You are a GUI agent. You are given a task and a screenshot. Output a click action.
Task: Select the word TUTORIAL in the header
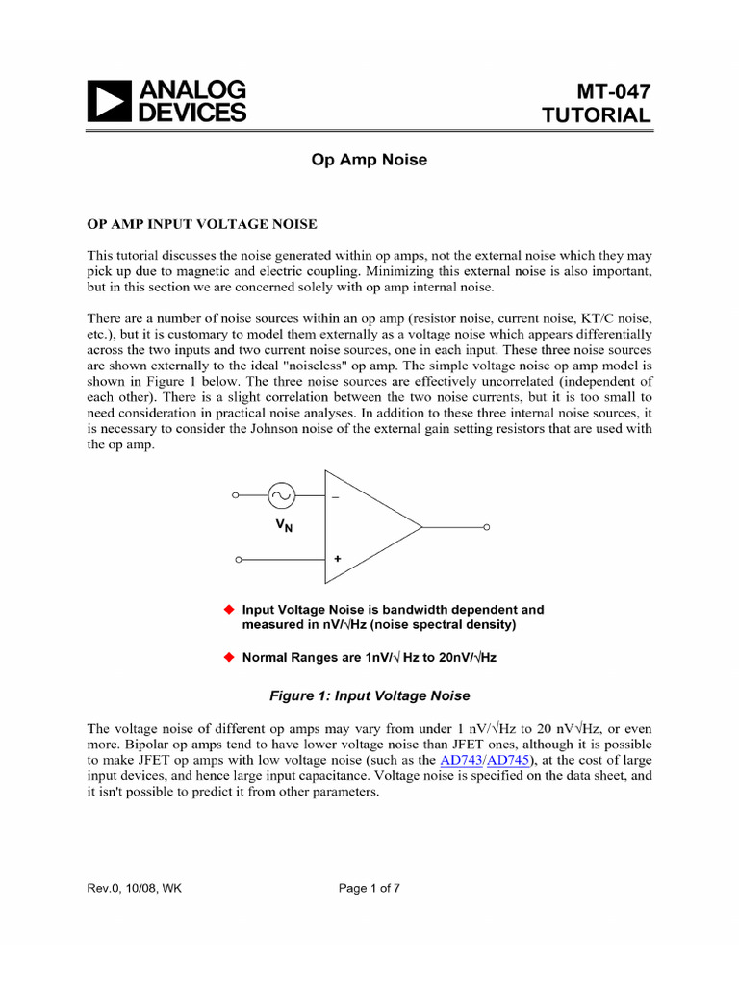coord(597,115)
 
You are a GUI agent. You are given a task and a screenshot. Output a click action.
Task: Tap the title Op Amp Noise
coord(369,161)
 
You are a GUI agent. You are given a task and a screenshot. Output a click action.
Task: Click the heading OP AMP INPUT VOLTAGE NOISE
coord(202,224)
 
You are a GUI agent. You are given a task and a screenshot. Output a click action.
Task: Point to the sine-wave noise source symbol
coord(281,496)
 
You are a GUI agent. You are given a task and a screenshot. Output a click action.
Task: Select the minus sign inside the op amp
coord(336,497)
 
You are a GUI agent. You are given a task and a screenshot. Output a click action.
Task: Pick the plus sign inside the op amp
coord(338,558)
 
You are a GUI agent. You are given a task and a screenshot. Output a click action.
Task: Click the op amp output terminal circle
coord(487,528)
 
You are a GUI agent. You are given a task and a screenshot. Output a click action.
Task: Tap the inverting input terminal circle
coord(236,496)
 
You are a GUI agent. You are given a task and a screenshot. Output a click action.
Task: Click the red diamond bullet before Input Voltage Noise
coord(229,609)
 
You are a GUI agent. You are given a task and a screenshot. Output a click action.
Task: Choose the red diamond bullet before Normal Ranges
coord(229,658)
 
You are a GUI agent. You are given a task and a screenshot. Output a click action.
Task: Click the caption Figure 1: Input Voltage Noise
coord(369,695)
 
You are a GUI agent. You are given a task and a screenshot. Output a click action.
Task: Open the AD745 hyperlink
coord(507,760)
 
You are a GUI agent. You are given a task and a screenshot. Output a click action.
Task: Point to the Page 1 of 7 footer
coord(369,888)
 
